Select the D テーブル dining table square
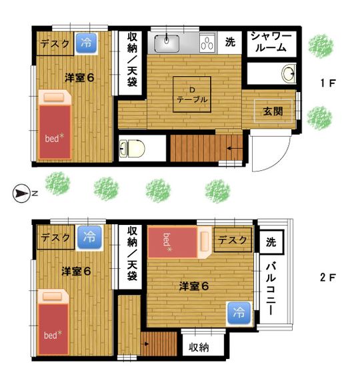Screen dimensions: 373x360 pos(192,94)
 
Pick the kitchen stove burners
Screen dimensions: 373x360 pos(207,45)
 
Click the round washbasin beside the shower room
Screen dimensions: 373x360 pos(289,72)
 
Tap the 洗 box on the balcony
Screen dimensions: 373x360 pos(271,240)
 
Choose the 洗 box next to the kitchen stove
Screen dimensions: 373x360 pos(229,43)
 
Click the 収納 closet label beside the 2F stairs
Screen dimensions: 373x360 pos(199,347)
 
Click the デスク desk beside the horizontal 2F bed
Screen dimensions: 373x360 pos(233,240)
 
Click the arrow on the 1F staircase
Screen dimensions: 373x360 pos(233,148)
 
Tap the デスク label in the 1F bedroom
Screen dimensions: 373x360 pos(55,45)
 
